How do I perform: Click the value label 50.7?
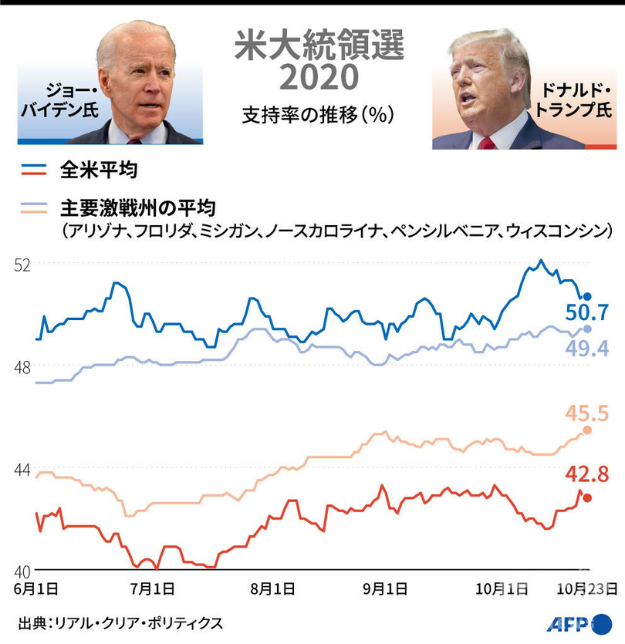(588, 313)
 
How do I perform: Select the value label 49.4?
(588, 349)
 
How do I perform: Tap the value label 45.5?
(587, 413)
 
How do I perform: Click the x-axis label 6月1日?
(35, 589)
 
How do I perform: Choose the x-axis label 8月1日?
(272, 589)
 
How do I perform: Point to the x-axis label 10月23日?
(587, 589)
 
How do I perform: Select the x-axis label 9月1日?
(386, 589)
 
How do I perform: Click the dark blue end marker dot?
(587, 297)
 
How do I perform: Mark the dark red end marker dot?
(588, 498)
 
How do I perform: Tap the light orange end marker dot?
(588, 430)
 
